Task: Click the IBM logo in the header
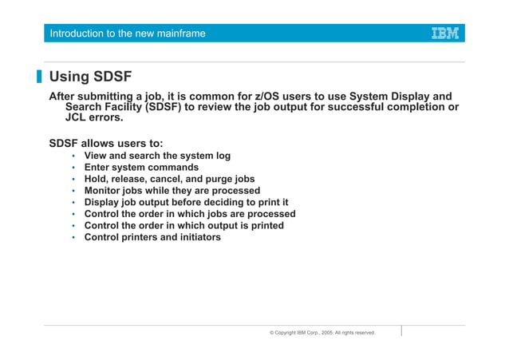coord(444,34)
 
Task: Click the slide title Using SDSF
coord(90,77)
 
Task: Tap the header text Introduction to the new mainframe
coord(127,34)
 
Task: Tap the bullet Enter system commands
coord(141,168)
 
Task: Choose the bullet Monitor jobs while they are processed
coord(172,191)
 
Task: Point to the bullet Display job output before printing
coord(186,202)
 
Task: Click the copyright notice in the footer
coord(322,332)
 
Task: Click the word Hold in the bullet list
coord(97,179)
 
